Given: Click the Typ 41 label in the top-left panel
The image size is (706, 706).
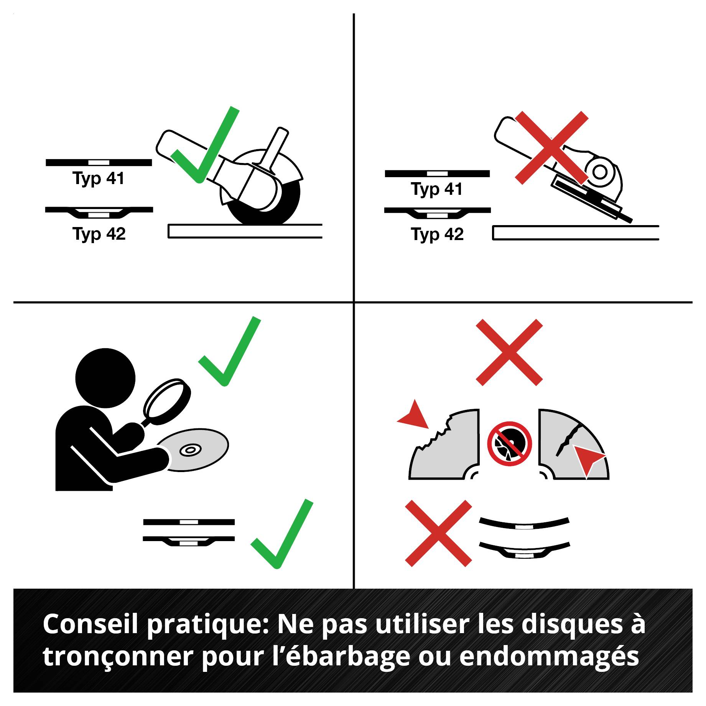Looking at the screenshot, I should (99, 179).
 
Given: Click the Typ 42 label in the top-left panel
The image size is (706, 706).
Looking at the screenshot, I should (99, 234).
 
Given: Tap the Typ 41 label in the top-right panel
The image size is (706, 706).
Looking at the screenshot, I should (437, 189).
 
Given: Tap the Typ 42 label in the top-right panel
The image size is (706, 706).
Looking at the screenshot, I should (437, 234).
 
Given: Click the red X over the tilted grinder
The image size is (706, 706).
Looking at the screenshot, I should (551, 147).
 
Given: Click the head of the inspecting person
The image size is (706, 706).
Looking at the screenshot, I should (105, 378).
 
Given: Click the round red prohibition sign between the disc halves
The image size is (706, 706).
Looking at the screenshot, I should (510, 444).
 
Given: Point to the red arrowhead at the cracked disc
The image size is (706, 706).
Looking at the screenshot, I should (587, 459).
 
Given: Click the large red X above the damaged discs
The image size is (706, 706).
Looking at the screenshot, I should (509, 352).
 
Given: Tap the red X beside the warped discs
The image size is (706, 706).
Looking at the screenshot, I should (438, 533).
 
